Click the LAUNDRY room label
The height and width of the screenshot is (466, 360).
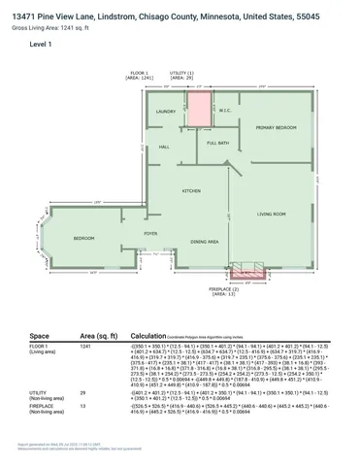[x=165, y=112]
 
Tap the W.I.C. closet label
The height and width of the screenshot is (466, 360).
[x=222, y=110]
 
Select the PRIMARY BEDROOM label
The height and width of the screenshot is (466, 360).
[x=276, y=128]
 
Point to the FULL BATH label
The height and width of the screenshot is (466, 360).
[x=217, y=144]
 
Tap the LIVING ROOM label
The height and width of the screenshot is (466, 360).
[x=271, y=214]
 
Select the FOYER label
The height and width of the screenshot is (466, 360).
[x=150, y=234]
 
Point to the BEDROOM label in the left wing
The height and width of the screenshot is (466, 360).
[x=84, y=238]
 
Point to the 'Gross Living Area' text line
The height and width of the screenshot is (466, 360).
[x=43, y=27]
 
